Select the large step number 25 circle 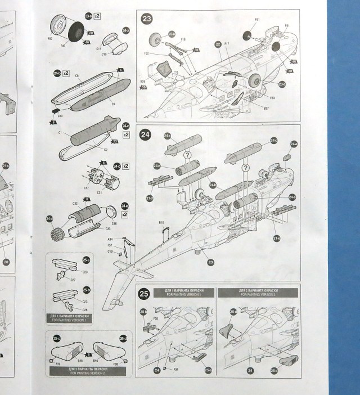tap(144, 293)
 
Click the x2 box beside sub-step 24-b tap(66, 73)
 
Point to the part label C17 tap(87, 187)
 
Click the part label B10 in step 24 tap(160, 223)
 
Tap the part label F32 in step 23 tap(146, 53)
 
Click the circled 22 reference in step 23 tap(218, 43)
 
